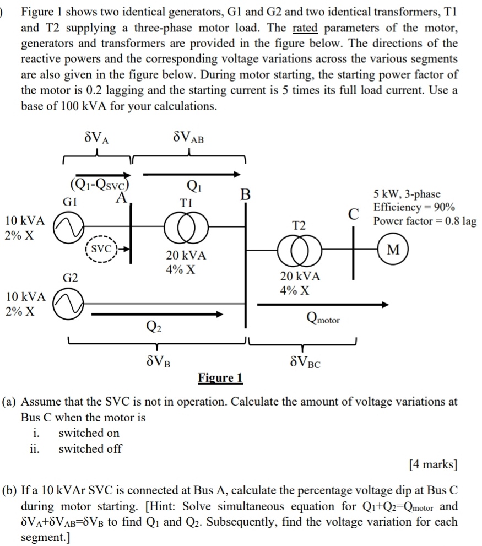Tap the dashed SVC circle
click(100, 249)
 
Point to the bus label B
click(246, 194)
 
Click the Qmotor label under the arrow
click(323, 318)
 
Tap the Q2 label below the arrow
click(155, 329)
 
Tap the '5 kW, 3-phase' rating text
click(407, 194)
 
